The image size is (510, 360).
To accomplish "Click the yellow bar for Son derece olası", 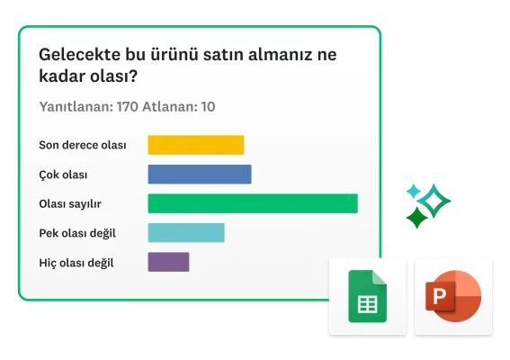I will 195,145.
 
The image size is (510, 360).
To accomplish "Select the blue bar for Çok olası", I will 199,175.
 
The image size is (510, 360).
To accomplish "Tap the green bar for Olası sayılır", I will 252,203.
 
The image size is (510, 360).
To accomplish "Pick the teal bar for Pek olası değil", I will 185,233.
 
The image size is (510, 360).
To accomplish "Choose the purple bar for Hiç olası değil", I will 168,262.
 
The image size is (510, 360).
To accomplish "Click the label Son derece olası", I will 83,145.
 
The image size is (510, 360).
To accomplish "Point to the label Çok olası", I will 63,175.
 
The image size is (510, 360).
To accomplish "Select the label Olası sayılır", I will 70,203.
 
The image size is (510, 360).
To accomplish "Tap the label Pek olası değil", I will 77,233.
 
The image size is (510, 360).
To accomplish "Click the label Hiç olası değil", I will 76,263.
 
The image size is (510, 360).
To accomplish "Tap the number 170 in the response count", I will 127,107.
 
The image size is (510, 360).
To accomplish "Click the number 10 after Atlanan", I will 207,107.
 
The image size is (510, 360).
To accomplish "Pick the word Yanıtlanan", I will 76,107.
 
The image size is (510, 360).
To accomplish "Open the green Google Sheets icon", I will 366,296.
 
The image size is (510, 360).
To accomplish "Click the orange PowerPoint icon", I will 454,296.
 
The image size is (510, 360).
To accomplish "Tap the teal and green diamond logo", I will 426,203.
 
